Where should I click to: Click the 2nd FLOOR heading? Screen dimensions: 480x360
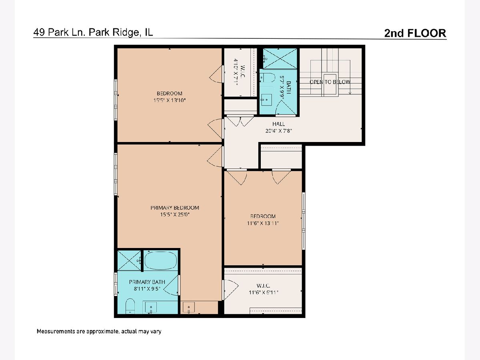[415, 33]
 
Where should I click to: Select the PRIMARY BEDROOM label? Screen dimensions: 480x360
[175, 208]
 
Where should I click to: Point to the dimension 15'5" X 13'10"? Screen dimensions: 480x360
[170, 100]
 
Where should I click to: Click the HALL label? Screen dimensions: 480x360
[278, 124]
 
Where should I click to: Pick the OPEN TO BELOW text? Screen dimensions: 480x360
[330, 82]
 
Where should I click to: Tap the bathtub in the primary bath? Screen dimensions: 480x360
[161, 260]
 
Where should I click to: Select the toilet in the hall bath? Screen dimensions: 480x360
[267, 78]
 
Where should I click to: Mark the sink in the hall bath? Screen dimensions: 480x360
[266, 100]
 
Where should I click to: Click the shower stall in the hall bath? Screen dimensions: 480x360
[280, 58]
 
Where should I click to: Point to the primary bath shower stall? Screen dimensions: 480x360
[129, 260]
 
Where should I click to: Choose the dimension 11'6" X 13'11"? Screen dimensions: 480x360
[263, 223]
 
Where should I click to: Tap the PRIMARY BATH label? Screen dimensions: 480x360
[147, 282]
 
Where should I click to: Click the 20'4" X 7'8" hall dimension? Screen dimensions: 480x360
[278, 131]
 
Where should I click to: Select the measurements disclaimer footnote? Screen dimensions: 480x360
[99, 331]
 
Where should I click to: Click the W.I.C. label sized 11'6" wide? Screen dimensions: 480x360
[263, 286]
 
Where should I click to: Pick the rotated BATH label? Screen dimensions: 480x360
[289, 88]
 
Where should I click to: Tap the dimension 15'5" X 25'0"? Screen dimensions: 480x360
[175, 214]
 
